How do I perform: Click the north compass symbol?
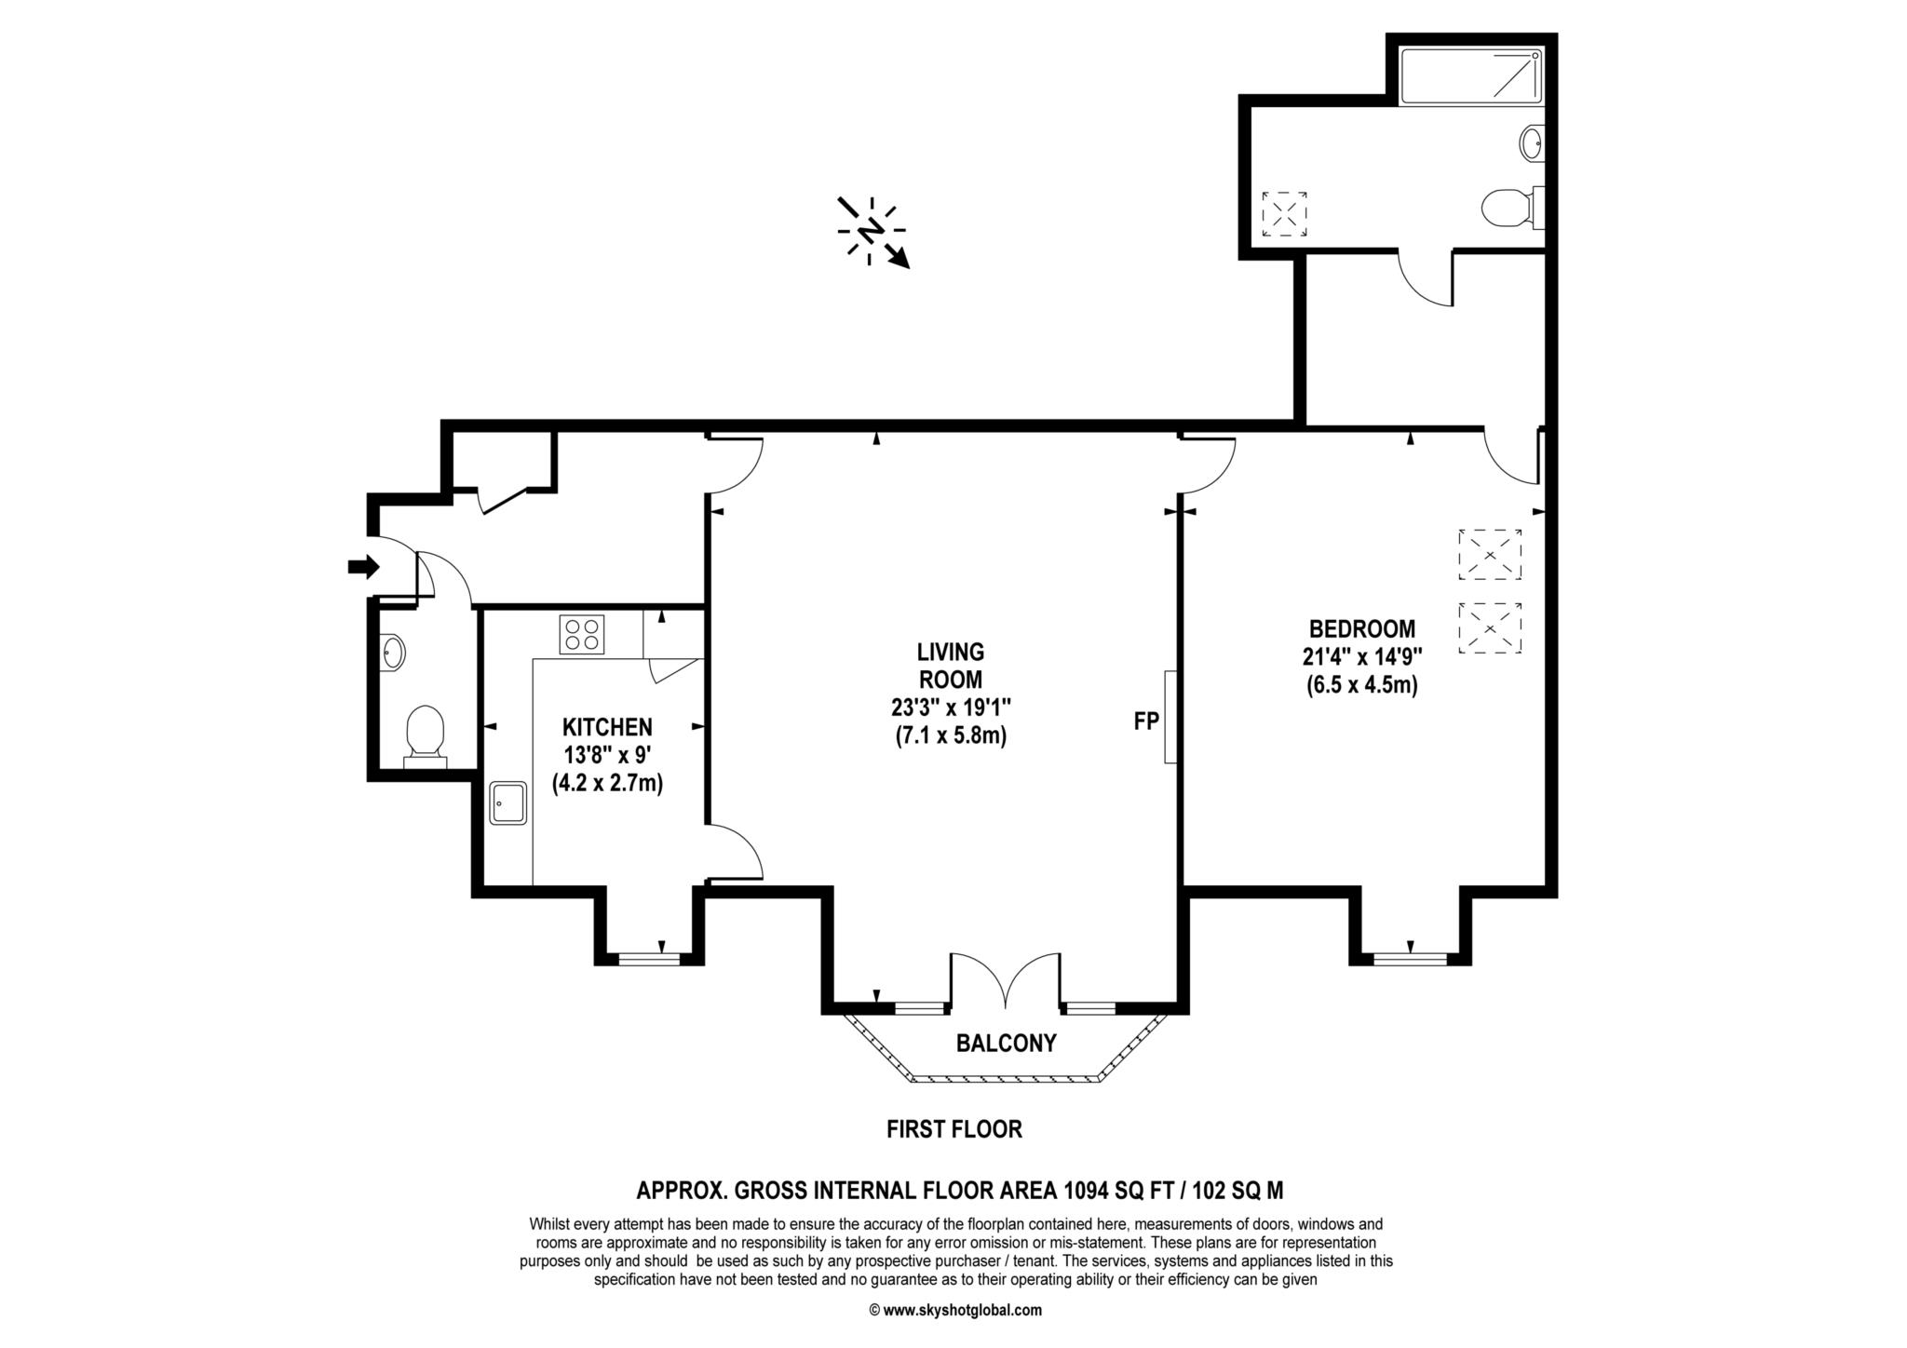click(872, 232)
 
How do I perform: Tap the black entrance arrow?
click(364, 566)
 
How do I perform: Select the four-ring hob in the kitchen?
click(581, 634)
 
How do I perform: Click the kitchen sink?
click(508, 802)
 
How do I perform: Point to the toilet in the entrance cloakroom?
click(425, 736)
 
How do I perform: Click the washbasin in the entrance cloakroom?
click(393, 652)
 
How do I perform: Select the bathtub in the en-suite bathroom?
click(1471, 75)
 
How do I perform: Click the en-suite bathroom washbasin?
click(1532, 143)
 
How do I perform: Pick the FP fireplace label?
click(1145, 720)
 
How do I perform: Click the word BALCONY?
click(1007, 1043)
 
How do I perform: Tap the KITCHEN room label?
click(607, 727)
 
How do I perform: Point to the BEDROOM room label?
click(1361, 628)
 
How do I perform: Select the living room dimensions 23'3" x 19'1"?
click(950, 707)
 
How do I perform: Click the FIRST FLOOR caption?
click(954, 1129)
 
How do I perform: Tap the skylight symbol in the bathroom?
click(1284, 213)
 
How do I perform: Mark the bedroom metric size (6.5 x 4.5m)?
click(1361, 686)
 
